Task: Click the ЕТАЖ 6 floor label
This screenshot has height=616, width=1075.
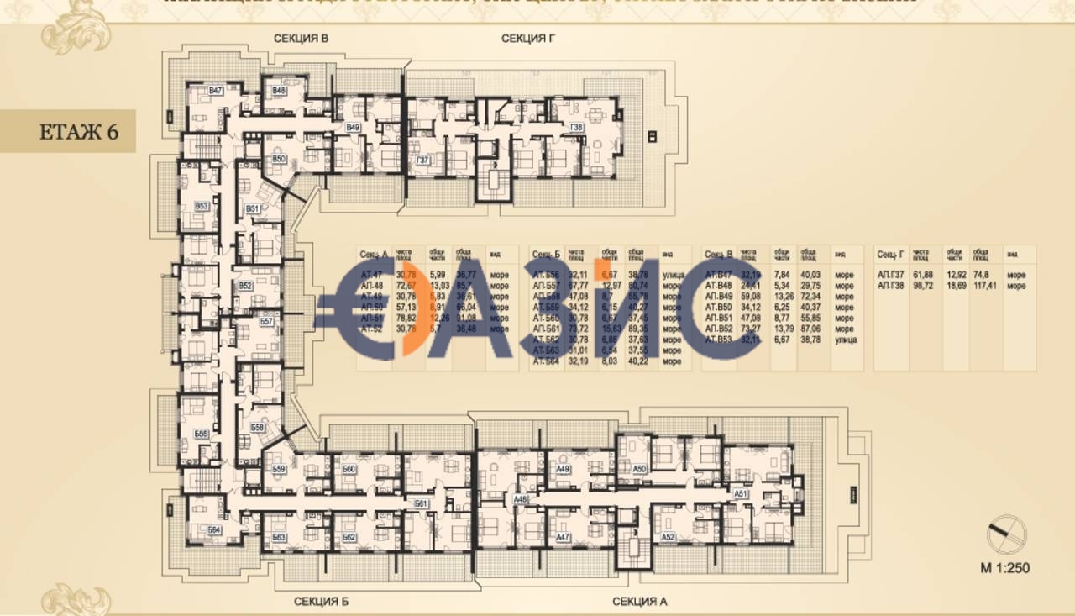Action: click(x=78, y=132)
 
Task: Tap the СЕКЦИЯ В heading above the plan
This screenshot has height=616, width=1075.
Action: click(x=300, y=39)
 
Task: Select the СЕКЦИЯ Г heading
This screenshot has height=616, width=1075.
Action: click(x=528, y=39)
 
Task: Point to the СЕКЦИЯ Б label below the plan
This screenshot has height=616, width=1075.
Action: click(x=321, y=602)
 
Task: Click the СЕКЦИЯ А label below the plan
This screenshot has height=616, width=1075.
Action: click(x=639, y=602)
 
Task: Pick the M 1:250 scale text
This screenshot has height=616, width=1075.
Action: click(x=1004, y=568)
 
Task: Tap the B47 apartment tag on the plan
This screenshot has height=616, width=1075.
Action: click(x=216, y=91)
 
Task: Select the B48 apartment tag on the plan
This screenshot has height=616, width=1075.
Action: click(x=279, y=90)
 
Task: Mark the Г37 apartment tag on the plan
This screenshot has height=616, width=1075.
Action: click(x=423, y=160)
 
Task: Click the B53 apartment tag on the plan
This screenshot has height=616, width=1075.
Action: click(x=202, y=206)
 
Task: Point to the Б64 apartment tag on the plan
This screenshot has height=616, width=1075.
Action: click(x=214, y=530)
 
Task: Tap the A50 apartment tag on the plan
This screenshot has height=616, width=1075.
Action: click(x=639, y=469)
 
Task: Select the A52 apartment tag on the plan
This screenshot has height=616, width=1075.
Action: click(x=668, y=536)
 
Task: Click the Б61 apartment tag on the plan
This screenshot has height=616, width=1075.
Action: click(x=422, y=503)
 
